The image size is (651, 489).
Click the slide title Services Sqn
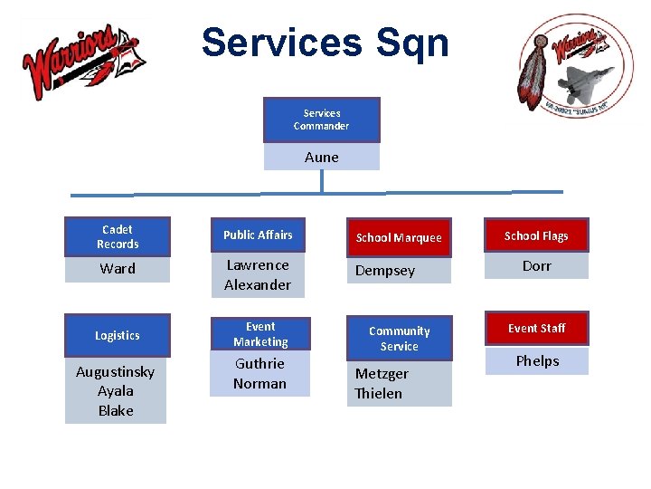(325, 43)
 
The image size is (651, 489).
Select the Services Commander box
(321, 120)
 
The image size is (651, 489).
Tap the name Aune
(322, 158)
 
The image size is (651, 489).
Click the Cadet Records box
(118, 237)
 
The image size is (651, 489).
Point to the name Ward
(118, 269)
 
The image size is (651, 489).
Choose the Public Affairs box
(258, 235)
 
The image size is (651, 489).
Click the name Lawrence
(258, 265)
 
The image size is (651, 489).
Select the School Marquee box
(399, 238)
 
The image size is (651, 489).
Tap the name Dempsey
(385, 271)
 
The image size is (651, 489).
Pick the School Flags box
(536, 236)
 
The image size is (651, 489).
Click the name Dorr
(536, 266)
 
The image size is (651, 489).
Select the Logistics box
(118, 335)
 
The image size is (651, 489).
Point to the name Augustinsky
(116, 372)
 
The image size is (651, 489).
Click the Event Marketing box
(259, 334)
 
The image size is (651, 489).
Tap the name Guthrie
(259, 364)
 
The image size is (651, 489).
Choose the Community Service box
(399, 339)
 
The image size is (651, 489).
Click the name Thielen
(379, 393)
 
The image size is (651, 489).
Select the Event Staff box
(536, 329)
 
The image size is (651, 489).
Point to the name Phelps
(537, 361)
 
